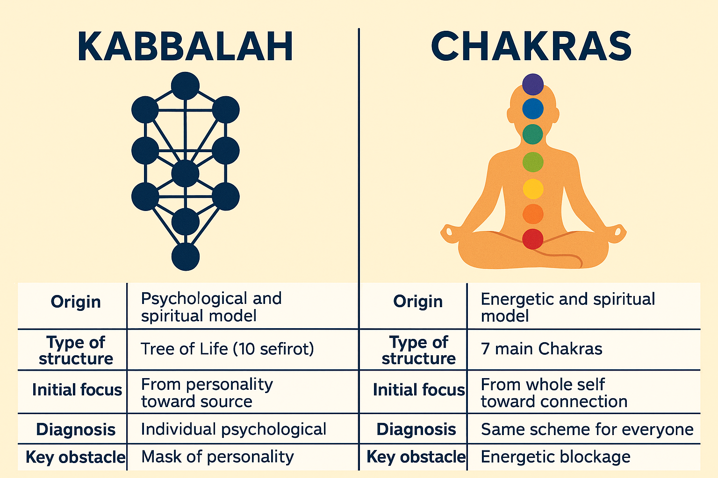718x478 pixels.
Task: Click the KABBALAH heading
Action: pyautogui.click(x=185, y=46)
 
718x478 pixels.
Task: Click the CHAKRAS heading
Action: pyautogui.click(x=531, y=46)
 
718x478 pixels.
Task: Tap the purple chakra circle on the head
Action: pyautogui.click(x=533, y=84)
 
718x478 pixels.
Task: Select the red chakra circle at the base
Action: pyautogui.click(x=533, y=239)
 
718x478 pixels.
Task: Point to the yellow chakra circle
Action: pyautogui.click(x=533, y=189)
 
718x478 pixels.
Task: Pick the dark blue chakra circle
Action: pyautogui.click(x=533, y=109)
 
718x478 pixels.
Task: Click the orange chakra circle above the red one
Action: pyautogui.click(x=533, y=214)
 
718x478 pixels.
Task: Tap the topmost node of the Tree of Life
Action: pyautogui.click(x=185, y=86)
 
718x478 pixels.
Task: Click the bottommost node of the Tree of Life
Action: pyautogui.click(x=186, y=257)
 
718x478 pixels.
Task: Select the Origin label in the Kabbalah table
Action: pyautogui.click(x=76, y=302)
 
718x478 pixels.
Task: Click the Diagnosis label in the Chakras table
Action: pyautogui.click(x=416, y=429)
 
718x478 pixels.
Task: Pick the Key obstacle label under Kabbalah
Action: pyautogui.click(x=75, y=457)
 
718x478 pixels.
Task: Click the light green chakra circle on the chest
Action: pyautogui.click(x=533, y=162)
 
